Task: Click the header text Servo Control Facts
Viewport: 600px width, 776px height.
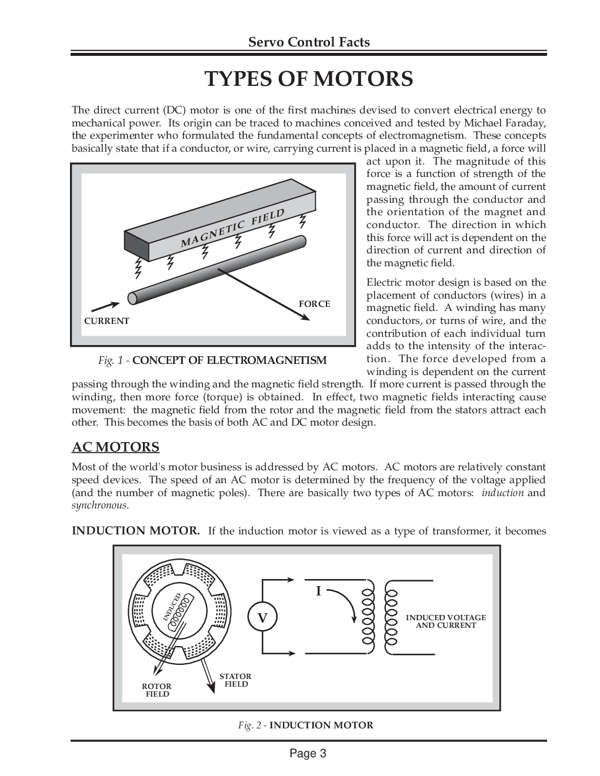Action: coord(309,42)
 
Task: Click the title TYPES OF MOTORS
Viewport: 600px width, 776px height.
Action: coord(309,79)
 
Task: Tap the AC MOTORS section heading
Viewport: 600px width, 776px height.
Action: coord(115,447)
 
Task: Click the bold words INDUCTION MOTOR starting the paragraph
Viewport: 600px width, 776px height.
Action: coord(135,531)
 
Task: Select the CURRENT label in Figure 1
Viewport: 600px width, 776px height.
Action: coord(106,321)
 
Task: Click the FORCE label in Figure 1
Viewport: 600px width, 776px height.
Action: coord(314,304)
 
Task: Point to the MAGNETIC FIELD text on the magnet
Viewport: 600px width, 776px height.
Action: coord(232,228)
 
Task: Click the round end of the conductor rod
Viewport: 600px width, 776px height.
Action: coord(133,298)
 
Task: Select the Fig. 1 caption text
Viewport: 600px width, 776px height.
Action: coord(212,360)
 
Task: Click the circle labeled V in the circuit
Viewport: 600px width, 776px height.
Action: coord(262,618)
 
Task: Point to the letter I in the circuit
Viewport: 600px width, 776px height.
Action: coord(318,591)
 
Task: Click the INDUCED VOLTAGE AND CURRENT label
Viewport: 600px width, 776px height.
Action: coord(446,621)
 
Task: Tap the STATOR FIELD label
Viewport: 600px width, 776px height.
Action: coord(235,680)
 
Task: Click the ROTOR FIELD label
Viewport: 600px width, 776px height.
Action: coord(157,690)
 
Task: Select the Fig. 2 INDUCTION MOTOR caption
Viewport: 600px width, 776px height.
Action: coord(305,725)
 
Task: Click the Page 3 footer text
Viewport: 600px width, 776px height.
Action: coord(308,754)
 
